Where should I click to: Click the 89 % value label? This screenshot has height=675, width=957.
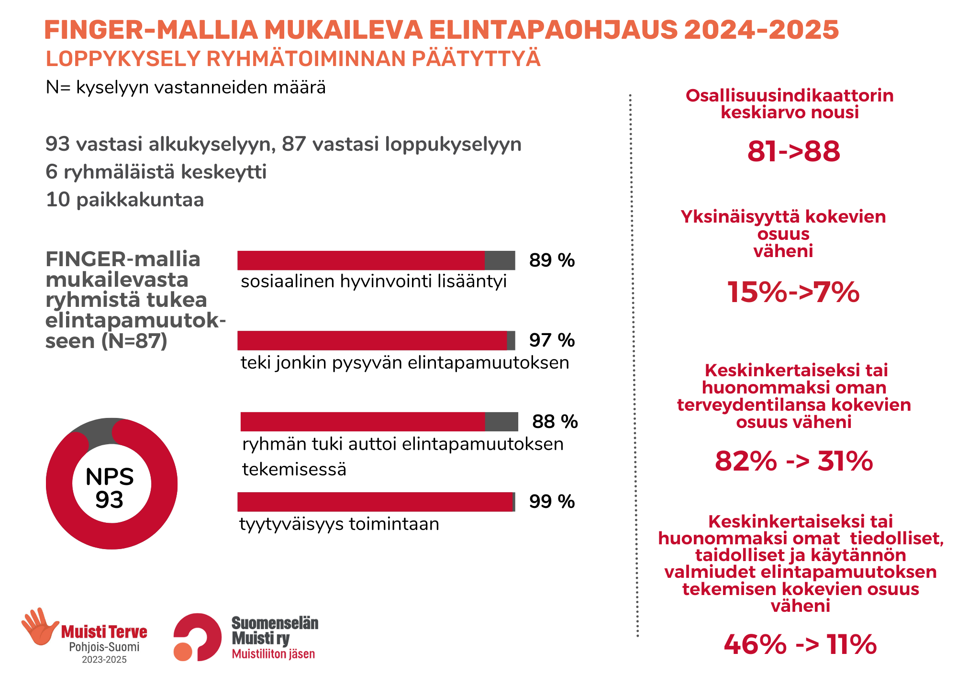pyautogui.click(x=551, y=260)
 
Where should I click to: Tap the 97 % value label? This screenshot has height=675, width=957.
pyautogui.click(x=551, y=340)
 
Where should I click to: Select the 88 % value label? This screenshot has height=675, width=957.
pyautogui.click(x=555, y=422)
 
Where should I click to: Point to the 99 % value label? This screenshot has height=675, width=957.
pyautogui.click(x=551, y=502)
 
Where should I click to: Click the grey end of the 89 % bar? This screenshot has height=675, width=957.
pyautogui.click(x=500, y=260)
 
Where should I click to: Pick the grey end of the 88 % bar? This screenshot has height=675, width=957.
pyautogui.click(x=501, y=422)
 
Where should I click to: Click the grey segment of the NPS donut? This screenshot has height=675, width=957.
pyautogui.click(x=98, y=430)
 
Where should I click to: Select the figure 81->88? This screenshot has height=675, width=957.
pyautogui.click(x=793, y=151)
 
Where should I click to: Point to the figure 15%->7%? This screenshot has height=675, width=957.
pyautogui.click(x=793, y=292)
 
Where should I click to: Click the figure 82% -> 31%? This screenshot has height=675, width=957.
pyautogui.click(x=793, y=461)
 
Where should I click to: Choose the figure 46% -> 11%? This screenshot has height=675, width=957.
pyautogui.click(x=800, y=644)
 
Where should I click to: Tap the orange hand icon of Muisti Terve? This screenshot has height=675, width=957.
pyautogui.click(x=40, y=626)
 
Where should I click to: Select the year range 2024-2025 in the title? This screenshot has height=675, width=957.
pyautogui.click(x=761, y=30)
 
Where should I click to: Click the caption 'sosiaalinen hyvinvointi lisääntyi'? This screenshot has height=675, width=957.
pyautogui.click(x=373, y=281)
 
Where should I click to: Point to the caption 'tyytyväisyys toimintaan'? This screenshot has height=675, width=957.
pyautogui.click(x=339, y=524)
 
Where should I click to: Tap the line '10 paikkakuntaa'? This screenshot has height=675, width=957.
pyautogui.click(x=125, y=200)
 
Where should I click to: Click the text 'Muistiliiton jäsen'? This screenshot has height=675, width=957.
pyautogui.click(x=273, y=654)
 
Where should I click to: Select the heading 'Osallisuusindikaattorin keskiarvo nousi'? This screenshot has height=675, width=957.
pyautogui.click(x=790, y=104)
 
